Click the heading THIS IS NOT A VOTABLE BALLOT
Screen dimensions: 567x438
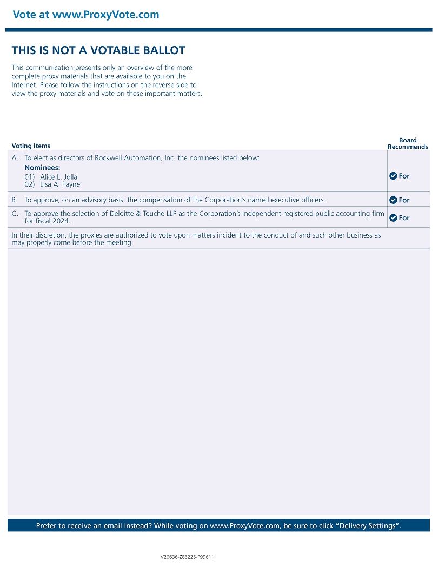98,50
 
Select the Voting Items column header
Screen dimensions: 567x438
31,146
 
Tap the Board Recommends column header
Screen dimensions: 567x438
408,143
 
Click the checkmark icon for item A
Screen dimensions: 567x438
393,176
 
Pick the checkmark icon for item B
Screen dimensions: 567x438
393,200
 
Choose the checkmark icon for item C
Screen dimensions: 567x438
393,218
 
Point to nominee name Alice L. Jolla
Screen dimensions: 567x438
58,177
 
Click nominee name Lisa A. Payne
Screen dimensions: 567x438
59,184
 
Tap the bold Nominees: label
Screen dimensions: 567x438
42,168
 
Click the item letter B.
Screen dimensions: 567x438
15,200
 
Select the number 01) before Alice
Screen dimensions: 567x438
30,177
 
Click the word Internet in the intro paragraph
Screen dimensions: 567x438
24,85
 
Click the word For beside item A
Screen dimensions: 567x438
404,176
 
